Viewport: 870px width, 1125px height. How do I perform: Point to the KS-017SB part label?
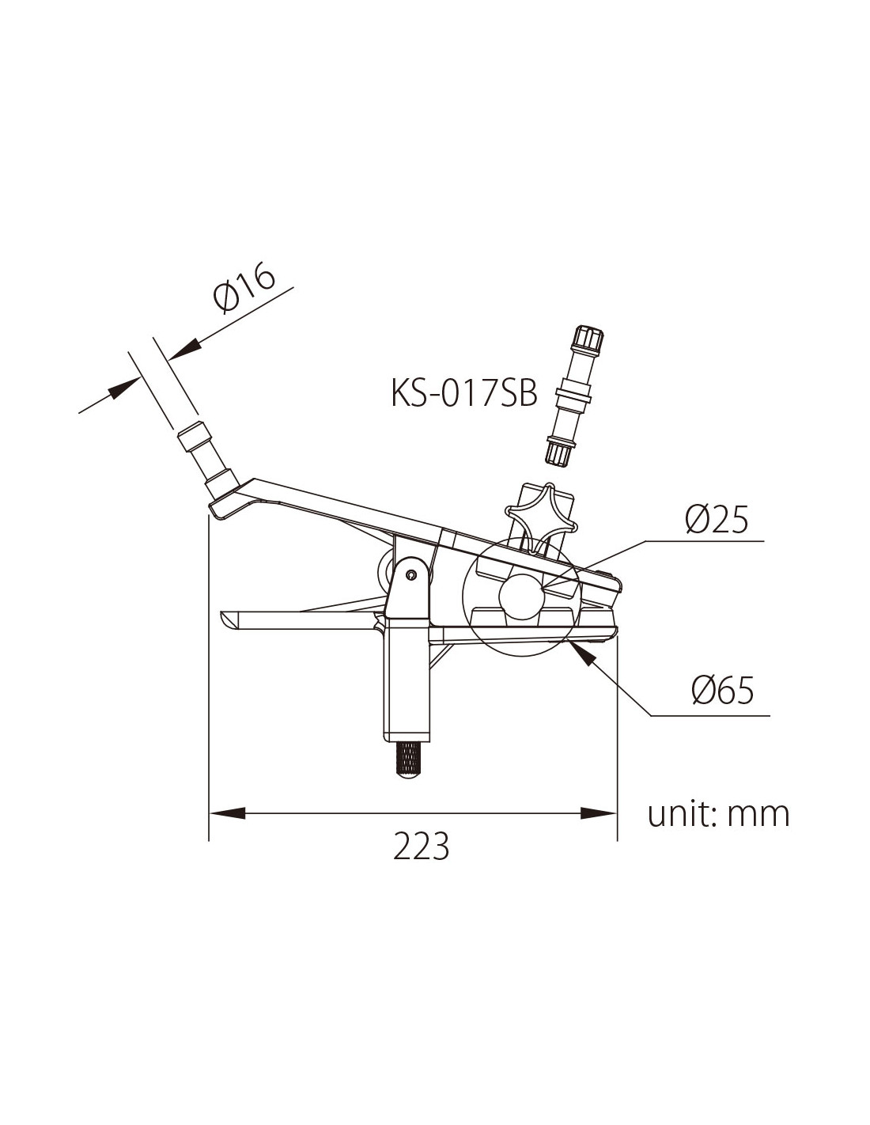[463, 393]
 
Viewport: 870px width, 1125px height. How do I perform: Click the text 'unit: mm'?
[718, 814]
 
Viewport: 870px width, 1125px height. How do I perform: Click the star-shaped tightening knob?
[543, 521]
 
